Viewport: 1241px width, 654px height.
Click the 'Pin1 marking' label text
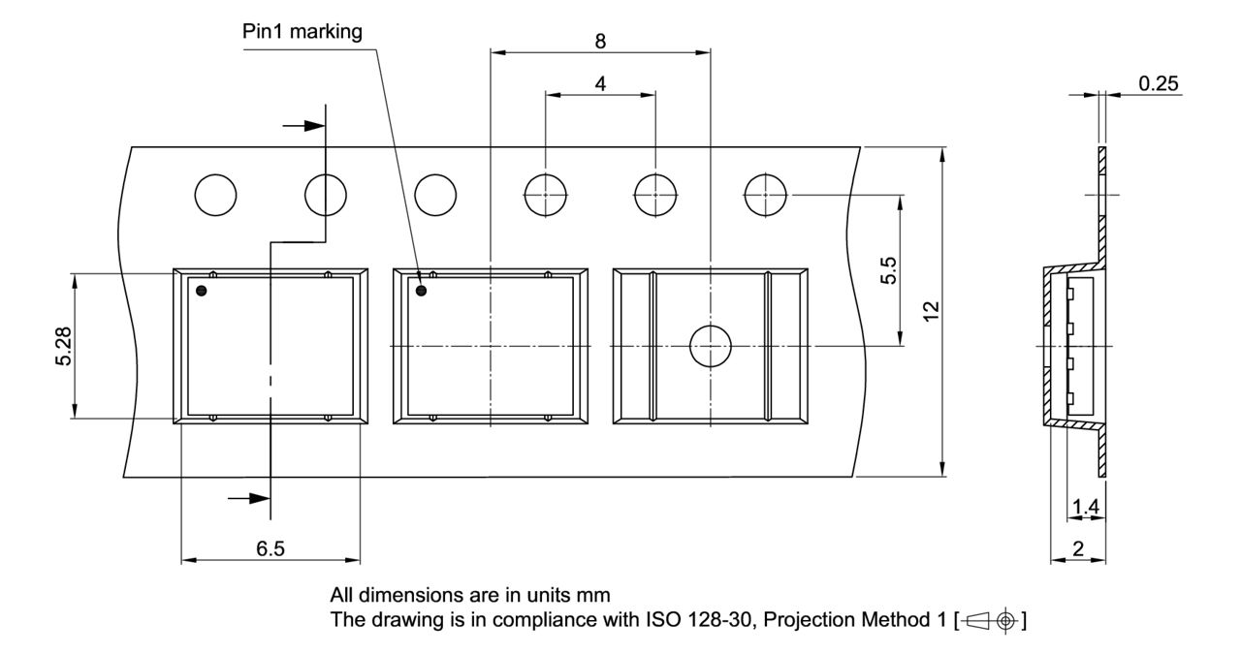tap(302, 32)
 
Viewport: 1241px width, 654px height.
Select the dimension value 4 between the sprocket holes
tap(601, 83)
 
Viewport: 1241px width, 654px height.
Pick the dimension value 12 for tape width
tap(932, 313)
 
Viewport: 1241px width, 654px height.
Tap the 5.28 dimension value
tap(63, 345)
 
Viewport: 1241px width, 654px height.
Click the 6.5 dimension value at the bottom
tap(270, 549)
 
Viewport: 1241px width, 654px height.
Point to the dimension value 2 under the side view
tap(1078, 549)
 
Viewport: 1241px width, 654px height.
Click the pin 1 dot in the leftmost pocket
tap(202, 290)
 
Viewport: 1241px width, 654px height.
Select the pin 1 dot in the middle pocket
tap(422, 290)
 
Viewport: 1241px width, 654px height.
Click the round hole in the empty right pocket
tap(711, 346)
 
